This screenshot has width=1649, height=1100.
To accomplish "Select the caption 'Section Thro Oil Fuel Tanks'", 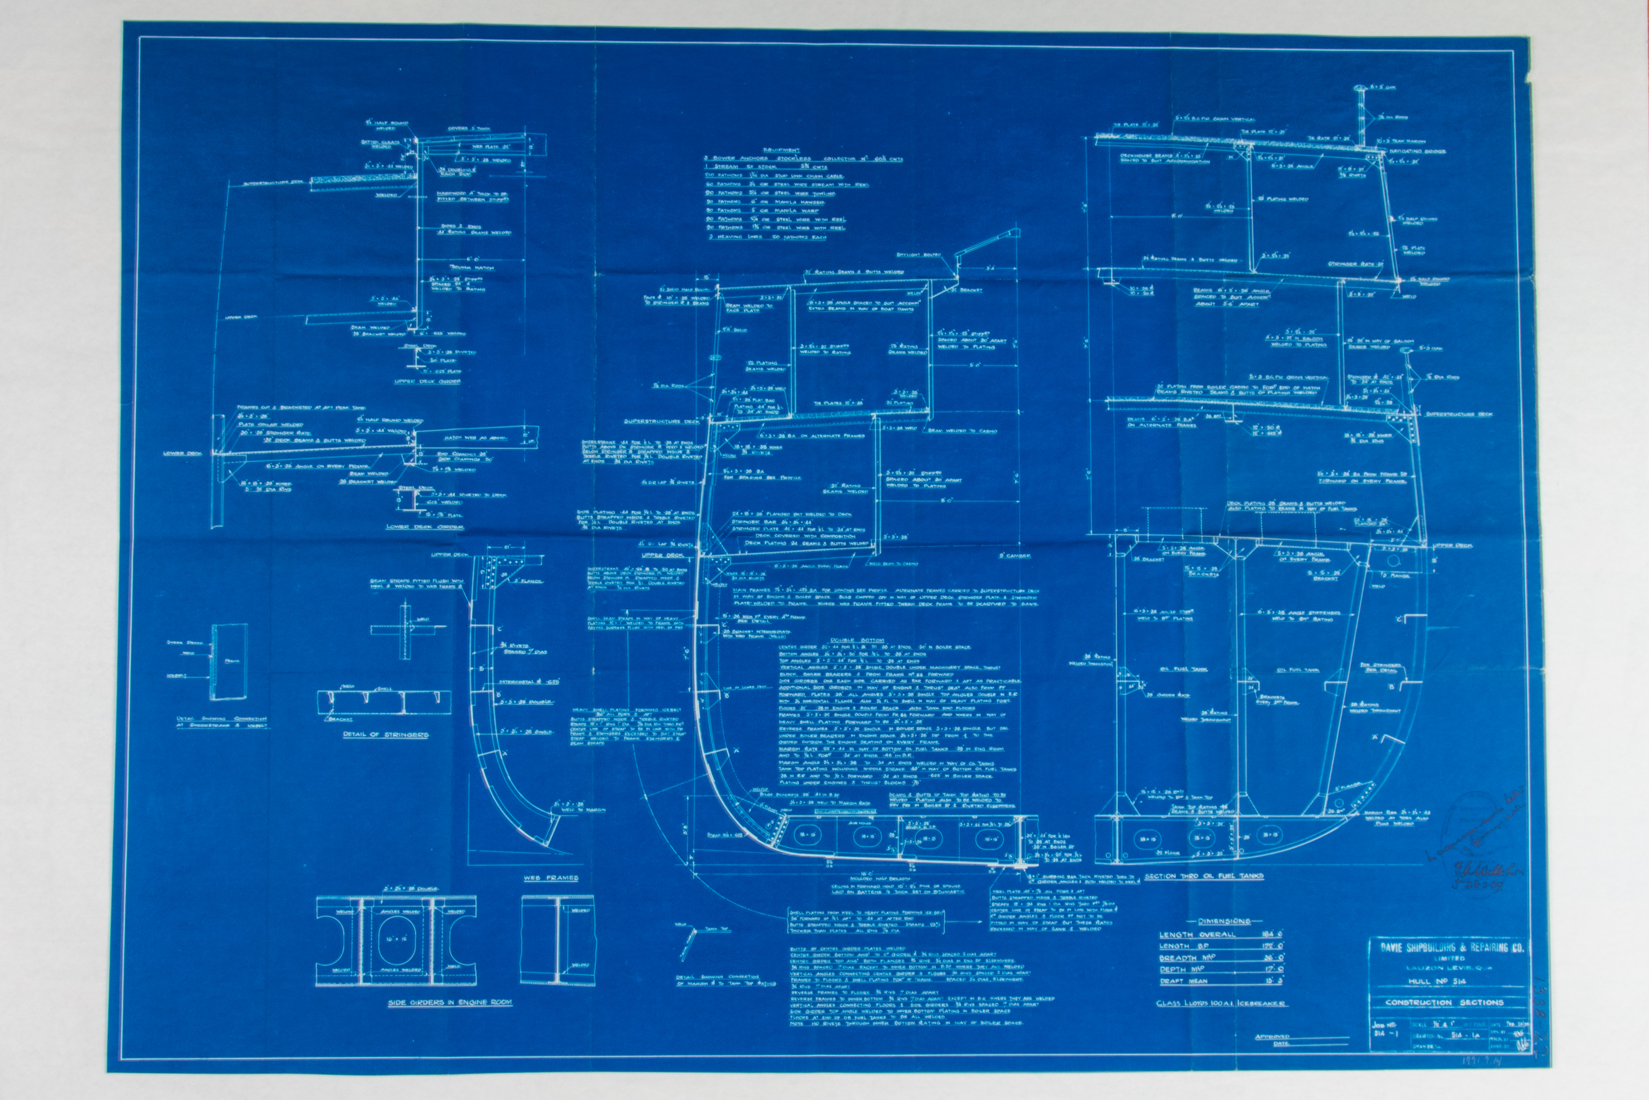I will coord(1204,876).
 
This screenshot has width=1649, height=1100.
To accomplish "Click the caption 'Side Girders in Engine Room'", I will coord(449,1003).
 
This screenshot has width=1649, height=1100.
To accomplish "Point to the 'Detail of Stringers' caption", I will coord(386,735).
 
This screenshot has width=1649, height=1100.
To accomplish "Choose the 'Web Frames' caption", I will coord(551,878).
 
